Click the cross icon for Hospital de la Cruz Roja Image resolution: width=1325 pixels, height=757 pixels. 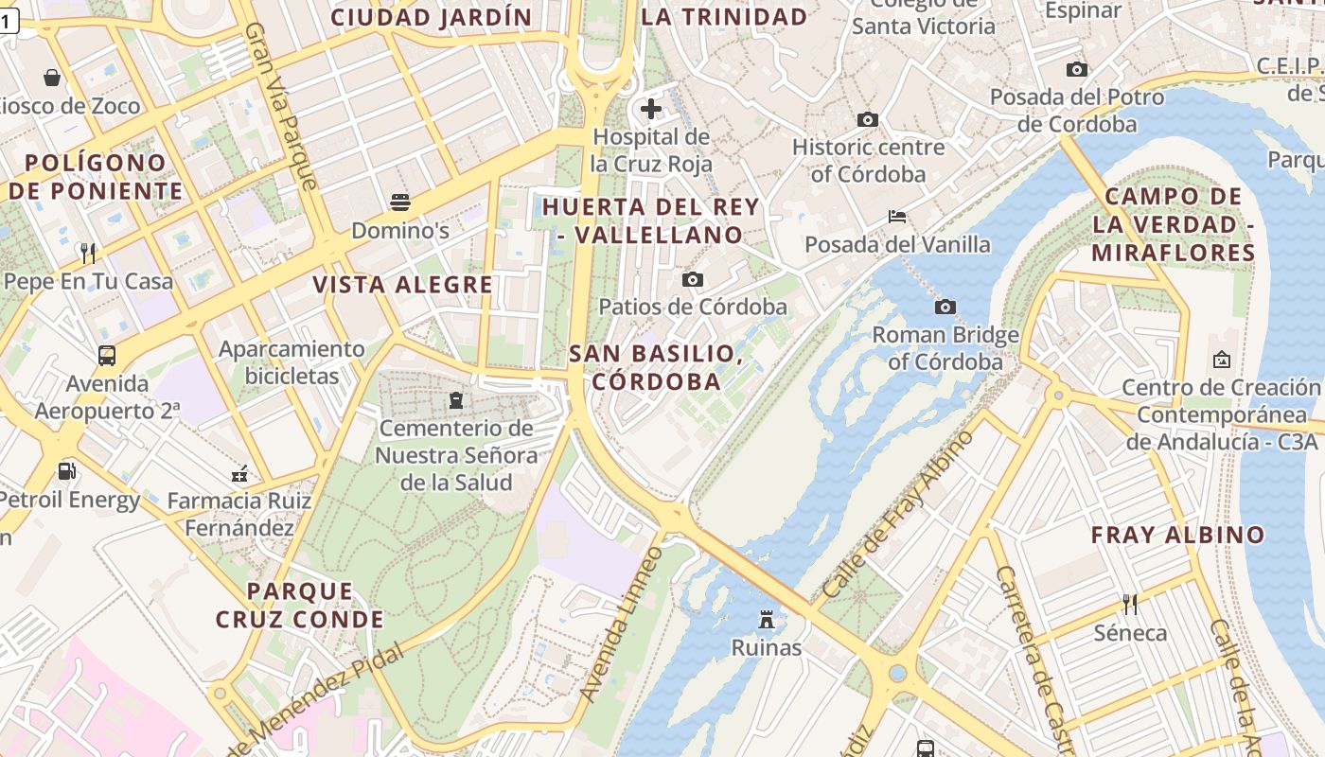click(x=651, y=109)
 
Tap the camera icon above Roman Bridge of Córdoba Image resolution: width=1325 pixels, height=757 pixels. click(x=945, y=307)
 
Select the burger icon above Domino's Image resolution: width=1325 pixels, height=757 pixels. click(x=400, y=202)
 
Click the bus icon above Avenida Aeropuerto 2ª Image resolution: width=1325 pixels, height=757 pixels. click(x=107, y=356)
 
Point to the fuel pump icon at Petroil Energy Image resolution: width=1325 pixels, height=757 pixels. click(x=66, y=470)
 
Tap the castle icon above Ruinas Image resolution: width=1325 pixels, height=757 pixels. click(x=767, y=620)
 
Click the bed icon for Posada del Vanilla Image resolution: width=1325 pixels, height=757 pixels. click(x=897, y=217)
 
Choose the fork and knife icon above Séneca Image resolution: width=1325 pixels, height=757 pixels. click(x=1129, y=604)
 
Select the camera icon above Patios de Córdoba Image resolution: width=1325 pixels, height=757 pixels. click(x=693, y=279)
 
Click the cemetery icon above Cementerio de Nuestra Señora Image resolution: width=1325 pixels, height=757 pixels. click(x=456, y=400)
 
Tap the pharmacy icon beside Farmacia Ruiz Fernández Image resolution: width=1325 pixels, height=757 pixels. click(x=239, y=473)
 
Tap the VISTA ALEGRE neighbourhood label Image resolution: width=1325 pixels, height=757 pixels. click(x=403, y=285)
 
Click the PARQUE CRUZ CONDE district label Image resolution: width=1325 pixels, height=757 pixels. click(x=299, y=606)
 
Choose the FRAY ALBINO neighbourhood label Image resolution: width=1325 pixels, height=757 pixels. click(x=1177, y=535)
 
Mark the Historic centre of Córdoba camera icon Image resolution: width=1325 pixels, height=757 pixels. click(x=867, y=120)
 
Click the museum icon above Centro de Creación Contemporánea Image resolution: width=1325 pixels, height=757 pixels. click(x=1221, y=360)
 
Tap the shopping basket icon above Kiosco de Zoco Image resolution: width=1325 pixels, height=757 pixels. click(x=52, y=78)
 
